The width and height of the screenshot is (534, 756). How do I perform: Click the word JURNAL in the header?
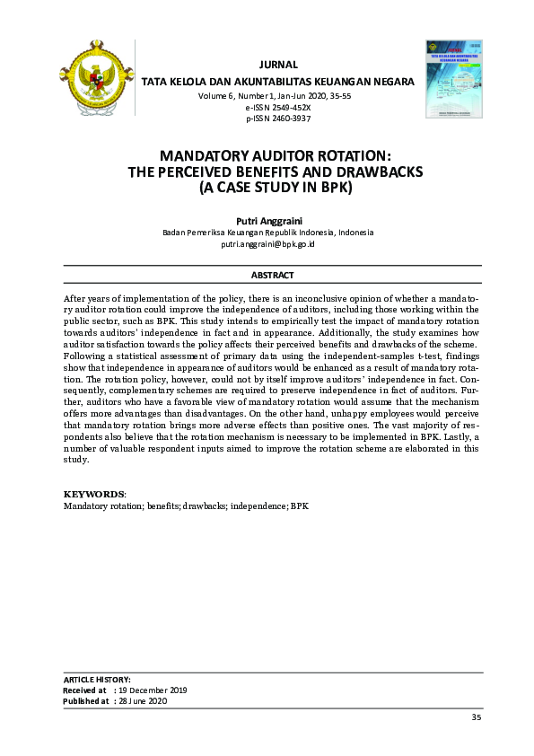[277, 65]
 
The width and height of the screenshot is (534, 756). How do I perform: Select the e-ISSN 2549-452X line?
[277, 106]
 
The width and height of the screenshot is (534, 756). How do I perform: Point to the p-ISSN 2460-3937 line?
[277, 118]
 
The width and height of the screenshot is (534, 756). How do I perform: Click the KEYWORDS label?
[94, 495]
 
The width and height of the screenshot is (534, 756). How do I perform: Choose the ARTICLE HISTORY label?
[97, 680]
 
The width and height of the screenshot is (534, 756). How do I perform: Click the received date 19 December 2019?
[151, 690]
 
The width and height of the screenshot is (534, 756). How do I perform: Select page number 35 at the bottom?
[477, 717]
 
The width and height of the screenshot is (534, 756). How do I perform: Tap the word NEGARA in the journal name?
[393, 82]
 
